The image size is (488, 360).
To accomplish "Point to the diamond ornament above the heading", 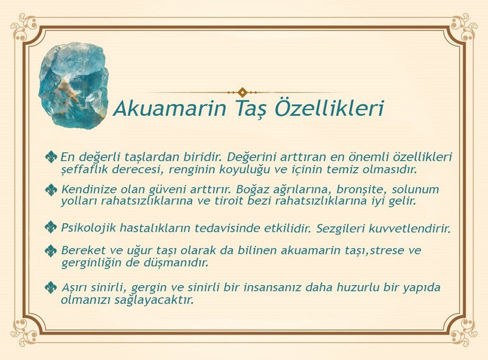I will click(x=243, y=92).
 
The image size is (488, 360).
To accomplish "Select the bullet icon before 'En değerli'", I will click(x=51, y=157).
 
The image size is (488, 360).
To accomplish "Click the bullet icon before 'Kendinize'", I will click(x=51, y=189).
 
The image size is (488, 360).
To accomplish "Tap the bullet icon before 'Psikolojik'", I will click(x=51, y=227).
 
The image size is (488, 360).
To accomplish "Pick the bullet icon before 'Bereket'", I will click(x=51, y=251).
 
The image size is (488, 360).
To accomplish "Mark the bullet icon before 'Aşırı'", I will click(x=51, y=287).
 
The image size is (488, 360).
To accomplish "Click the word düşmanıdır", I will click(x=176, y=263).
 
